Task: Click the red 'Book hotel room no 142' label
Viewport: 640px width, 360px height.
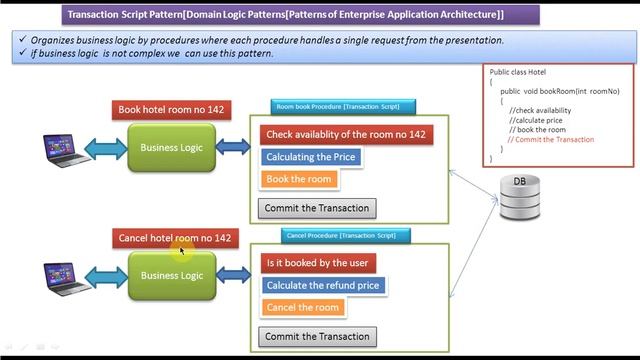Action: pos(173,110)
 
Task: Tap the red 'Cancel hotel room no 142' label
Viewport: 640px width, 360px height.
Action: pos(174,238)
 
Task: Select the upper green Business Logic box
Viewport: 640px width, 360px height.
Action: pos(171,148)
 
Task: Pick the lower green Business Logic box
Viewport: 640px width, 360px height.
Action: pos(171,275)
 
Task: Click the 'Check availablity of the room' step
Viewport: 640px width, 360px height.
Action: pos(346,134)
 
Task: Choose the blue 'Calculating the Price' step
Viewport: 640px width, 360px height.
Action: pos(310,157)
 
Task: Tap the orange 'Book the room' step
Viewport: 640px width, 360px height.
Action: pos(298,179)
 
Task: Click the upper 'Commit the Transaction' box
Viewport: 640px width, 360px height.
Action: pos(317,208)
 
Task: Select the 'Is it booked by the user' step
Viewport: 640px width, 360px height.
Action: pos(317,263)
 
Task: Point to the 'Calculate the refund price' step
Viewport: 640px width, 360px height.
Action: pos(322,285)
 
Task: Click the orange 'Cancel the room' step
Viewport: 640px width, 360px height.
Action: pos(303,307)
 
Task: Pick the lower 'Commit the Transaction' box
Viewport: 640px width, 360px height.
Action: pos(317,337)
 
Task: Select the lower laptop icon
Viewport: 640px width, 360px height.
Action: pos(65,276)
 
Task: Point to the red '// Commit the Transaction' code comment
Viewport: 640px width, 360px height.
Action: pos(551,140)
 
